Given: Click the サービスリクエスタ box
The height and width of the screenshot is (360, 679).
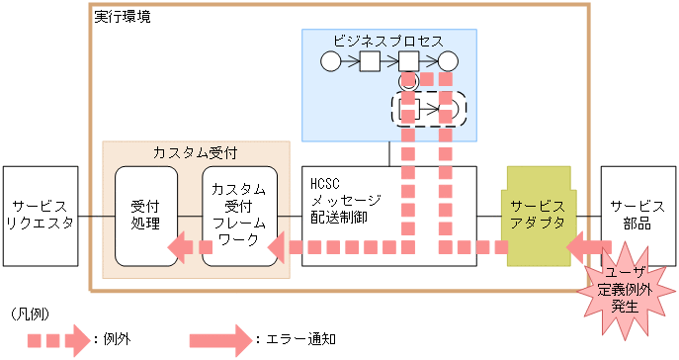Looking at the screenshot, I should [41, 216].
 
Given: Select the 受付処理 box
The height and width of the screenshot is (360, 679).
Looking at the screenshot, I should [146, 216].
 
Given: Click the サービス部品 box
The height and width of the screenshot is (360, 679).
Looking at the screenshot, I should [636, 216].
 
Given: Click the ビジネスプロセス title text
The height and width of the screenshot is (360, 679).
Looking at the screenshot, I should [387, 40].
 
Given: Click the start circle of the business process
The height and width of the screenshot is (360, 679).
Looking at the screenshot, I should [330, 61].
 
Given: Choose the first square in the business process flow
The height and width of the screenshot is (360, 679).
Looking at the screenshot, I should [370, 61].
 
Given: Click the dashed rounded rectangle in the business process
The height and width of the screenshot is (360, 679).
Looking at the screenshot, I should [429, 107].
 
